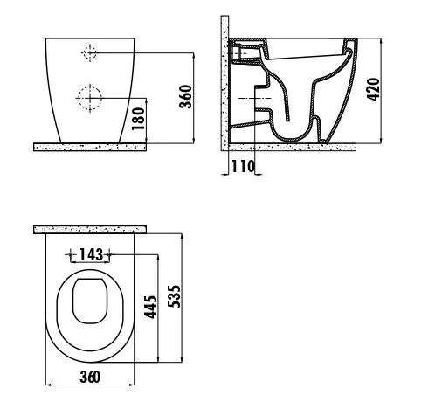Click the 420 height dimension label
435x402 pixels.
coord(374,89)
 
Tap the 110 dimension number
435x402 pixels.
coord(243,167)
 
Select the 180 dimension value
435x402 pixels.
coord(138,119)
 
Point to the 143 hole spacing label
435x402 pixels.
coord(91,254)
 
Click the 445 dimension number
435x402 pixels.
coord(151,307)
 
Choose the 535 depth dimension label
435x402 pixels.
coord(175,296)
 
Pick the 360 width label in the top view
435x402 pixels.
coord(90,377)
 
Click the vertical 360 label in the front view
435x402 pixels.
coord(185,97)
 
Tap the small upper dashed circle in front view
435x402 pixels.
coord(89,53)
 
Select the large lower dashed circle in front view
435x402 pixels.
coord(90,98)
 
